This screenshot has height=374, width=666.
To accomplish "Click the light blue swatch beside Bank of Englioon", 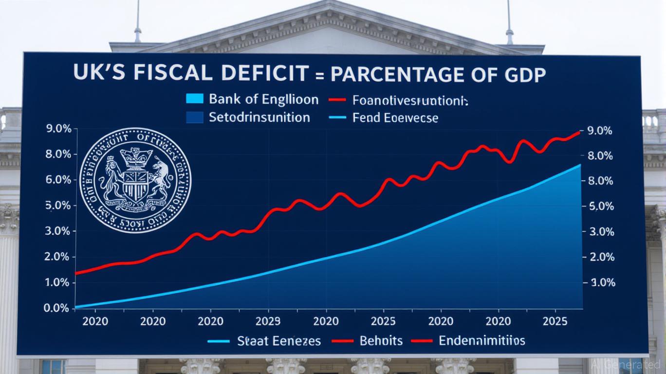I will point(194,99).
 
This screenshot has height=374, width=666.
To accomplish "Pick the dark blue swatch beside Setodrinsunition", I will point(194,117).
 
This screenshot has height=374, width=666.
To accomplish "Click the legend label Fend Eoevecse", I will point(396,118).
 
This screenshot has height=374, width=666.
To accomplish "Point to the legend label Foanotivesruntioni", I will point(409,100).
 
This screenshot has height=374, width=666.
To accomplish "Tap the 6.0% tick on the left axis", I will point(57,180).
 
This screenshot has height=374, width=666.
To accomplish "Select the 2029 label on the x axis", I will point(268,321).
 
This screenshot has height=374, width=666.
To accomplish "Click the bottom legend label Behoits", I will point(381,340).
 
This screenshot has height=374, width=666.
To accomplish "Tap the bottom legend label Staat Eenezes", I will point(279,340).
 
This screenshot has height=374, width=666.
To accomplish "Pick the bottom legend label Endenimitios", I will point(482,340).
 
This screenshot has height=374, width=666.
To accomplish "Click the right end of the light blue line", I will point(580,165).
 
